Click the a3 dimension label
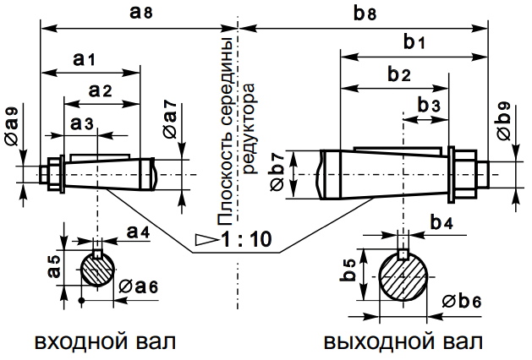click(x=81, y=123)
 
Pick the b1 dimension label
click(x=414, y=41)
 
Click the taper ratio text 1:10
click(x=246, y=239)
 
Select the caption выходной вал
click(x=403, y=342)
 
